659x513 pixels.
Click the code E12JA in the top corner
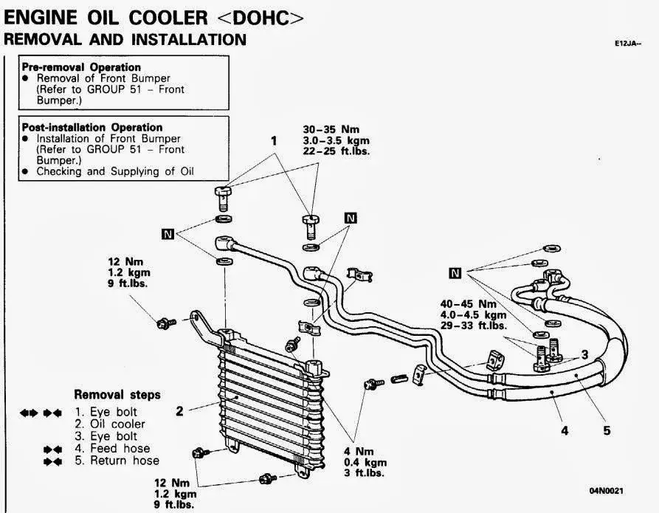click(x=628, y=44)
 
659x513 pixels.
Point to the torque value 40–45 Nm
click(x=467, y=303)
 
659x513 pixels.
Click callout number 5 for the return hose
click(x=607, y=430)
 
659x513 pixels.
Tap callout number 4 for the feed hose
click(x=565, y=430)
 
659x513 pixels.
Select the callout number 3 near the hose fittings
click(x=584, y=354)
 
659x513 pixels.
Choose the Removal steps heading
click(x=117, y=395)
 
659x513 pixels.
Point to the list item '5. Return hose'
click(x=117, y=461)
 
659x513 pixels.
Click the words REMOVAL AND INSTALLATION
click(x=125, y=40)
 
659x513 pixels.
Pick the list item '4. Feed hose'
click(x=112, y=448)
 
